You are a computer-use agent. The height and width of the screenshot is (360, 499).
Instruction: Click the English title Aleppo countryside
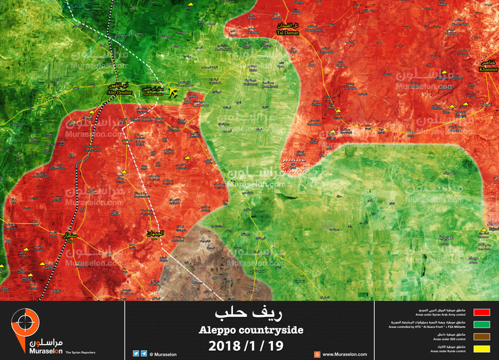pyautogui.click(x=250, y=330)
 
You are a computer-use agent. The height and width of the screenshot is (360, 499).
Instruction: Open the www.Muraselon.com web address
pyautogui.click(x=344, y=354)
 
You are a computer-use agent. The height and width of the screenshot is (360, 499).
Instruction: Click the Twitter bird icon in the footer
pyautogui.click(x=136, y=354)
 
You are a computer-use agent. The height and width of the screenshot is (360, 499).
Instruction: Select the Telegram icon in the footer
pyautogui.click(x=144, y=354)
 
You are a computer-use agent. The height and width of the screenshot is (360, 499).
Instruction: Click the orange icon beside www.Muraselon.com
pyautogui.click(x=317, y=354)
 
